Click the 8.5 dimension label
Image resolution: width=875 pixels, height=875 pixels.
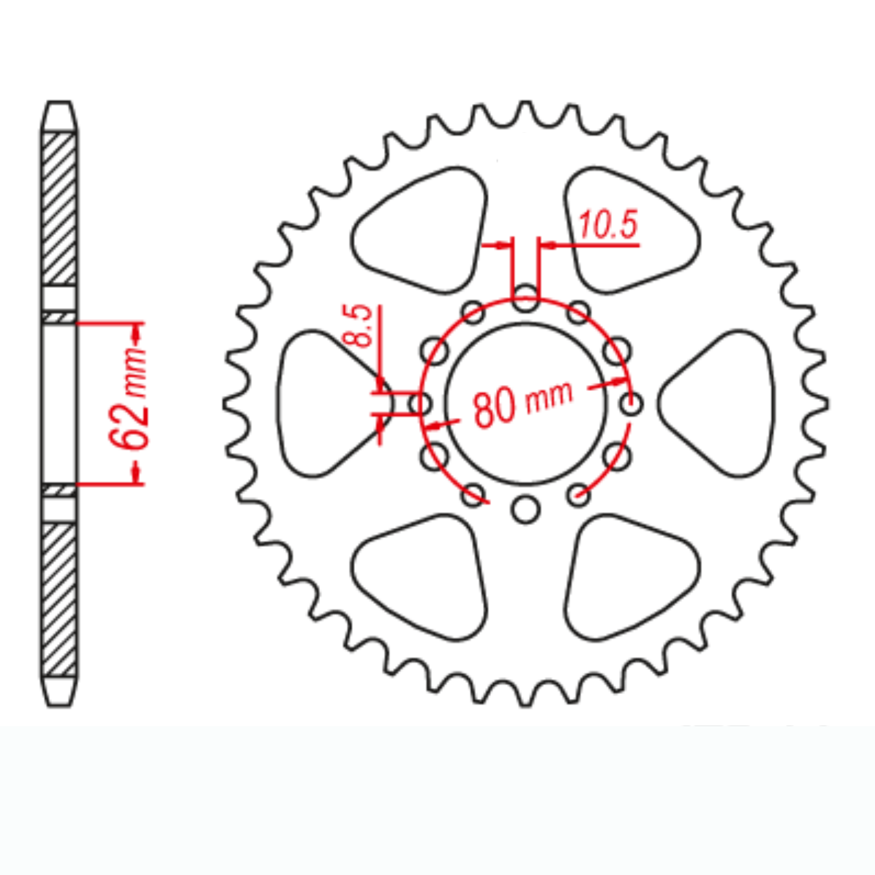(x=358, y=326)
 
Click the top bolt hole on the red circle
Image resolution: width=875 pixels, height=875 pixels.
(x=526, y=297)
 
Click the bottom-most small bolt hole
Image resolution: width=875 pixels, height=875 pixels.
(x=526, y=509)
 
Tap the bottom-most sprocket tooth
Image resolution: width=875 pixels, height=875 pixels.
(x=526, y=700)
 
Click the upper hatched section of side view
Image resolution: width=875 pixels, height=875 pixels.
(x=59, y=208)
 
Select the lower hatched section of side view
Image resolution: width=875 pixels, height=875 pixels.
(x=59, y=599)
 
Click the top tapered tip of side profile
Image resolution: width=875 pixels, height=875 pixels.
(x=59, y=115)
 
